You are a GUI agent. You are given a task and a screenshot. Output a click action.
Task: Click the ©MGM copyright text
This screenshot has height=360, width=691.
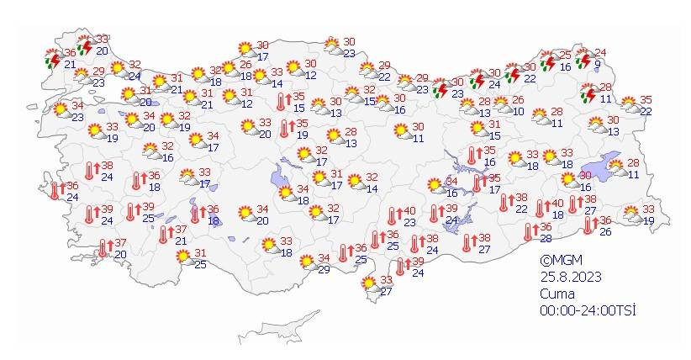click(x=562, y=261)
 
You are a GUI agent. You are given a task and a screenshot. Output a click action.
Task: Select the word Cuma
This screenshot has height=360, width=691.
click(x=557, y=294)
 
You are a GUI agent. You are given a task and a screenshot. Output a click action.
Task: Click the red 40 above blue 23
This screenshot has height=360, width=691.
click(x=410, y=211)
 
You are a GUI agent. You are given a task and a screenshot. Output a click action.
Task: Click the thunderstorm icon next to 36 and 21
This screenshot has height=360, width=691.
click(x=53, y=59)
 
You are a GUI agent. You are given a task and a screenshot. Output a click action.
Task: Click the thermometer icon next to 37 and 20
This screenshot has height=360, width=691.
click(x=104, y=248)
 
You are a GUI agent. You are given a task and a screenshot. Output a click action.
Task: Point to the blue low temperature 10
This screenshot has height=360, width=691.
click(x=518, y=111)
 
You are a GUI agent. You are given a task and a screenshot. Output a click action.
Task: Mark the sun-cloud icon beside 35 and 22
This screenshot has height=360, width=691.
click(x=628, y=105)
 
